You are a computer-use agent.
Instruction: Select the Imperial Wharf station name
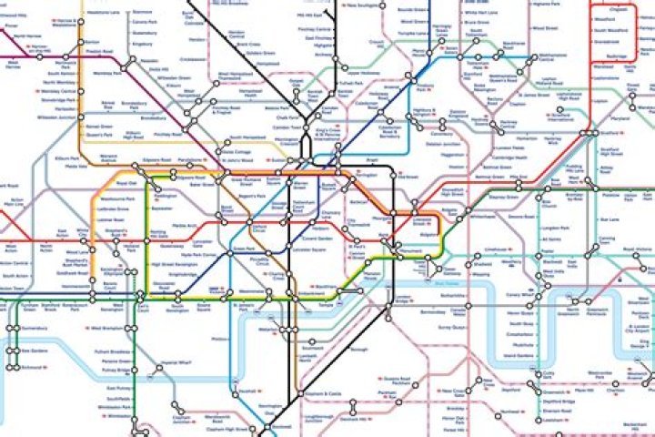(168, 365)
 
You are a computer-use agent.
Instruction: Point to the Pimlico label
(219, 339)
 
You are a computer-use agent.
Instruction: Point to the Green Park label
(242, 248)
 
